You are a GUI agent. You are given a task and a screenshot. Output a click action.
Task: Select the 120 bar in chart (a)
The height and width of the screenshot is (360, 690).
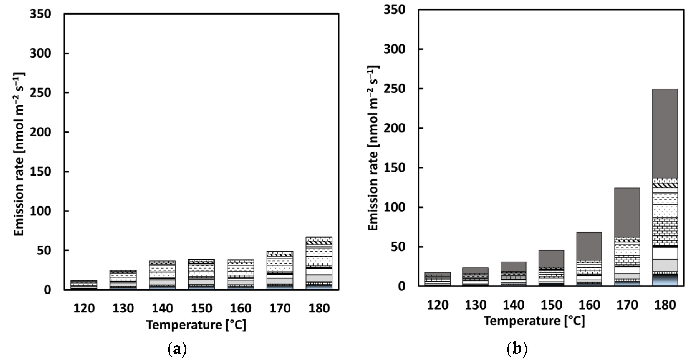[84, 285]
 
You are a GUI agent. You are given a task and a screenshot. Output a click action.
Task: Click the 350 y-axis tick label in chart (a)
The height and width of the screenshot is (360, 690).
[41, 14]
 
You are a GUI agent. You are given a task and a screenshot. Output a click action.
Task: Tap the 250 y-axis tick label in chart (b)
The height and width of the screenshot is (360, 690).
[394, 89]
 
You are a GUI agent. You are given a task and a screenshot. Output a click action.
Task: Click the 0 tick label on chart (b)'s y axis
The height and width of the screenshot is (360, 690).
[401, 286]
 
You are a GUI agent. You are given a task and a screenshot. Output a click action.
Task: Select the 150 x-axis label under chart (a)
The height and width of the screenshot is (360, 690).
[201, 308]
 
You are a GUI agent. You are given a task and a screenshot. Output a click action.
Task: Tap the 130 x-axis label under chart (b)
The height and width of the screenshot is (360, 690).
[475, 305]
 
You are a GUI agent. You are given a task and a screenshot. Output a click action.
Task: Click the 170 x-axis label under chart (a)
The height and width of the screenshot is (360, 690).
[280, 308]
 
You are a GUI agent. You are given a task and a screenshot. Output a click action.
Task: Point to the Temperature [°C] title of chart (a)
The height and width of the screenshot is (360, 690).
[196, 325]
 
